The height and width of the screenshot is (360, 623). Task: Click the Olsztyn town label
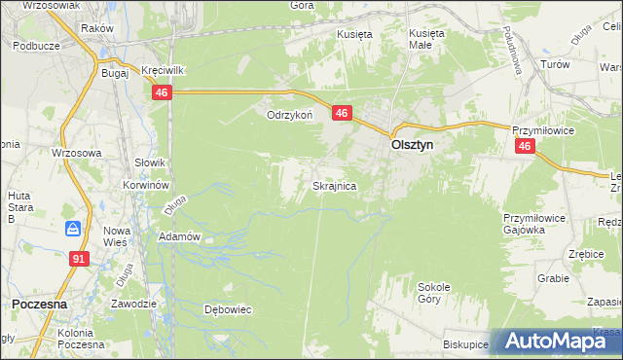tap(412, 144)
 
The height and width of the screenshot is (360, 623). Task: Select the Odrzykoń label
tap(289, 115)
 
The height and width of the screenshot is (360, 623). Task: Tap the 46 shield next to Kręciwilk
tap(162, 91)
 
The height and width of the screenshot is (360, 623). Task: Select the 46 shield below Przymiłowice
tap(525, 146)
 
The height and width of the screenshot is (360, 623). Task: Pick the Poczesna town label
tap(39, 304)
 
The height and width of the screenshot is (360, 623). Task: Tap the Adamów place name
tap(179, 236)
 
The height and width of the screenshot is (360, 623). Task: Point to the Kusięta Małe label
tap(426, 38)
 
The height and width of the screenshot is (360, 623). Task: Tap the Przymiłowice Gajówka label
tap(534, 224)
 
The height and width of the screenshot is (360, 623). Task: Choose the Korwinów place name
tap(147, 184)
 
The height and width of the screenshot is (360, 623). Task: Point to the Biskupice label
tap(464, 344)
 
